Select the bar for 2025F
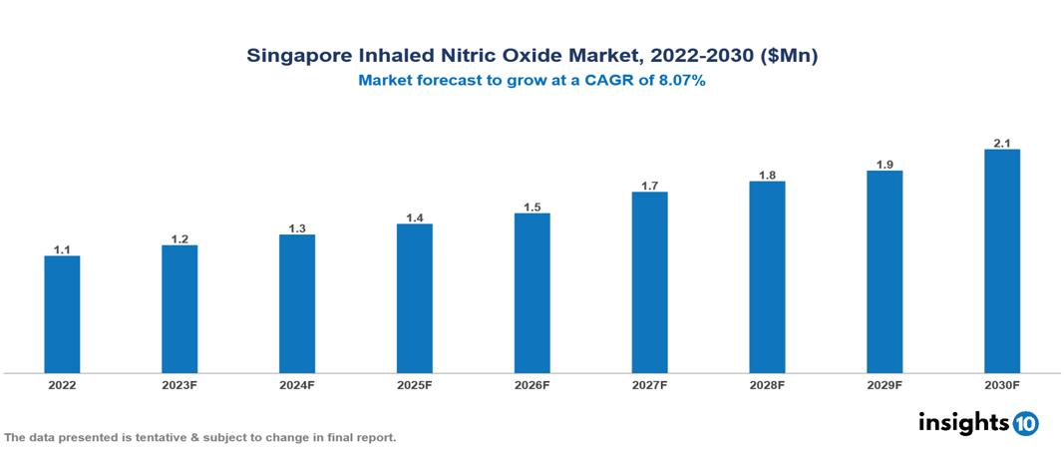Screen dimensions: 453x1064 click(x=414, y=298)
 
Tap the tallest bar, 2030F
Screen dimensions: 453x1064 click(x=1001, y=261)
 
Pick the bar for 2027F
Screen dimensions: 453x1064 click(x=649, y=282)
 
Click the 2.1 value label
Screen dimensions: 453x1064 click(x=1001, y=144)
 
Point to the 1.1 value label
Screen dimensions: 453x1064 click(x=62, y=250)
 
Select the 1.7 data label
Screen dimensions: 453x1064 click(x=649, y=186)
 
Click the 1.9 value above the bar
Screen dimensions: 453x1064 click(x=885, y=165)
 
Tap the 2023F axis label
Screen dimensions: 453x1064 click(x=179, y=385)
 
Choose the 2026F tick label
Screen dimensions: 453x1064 click(x=532, y=385)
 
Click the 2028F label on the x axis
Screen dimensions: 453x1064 click(x=767, y=385)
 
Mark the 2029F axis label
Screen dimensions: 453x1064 click(x=885, y=385)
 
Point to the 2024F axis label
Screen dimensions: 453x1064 click(x=297, y=385)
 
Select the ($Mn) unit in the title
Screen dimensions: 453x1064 click(x=790, y=57)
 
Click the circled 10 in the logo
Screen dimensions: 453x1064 click(x=1025, y=423)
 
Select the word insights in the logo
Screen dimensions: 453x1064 click(x=963, y=422)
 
